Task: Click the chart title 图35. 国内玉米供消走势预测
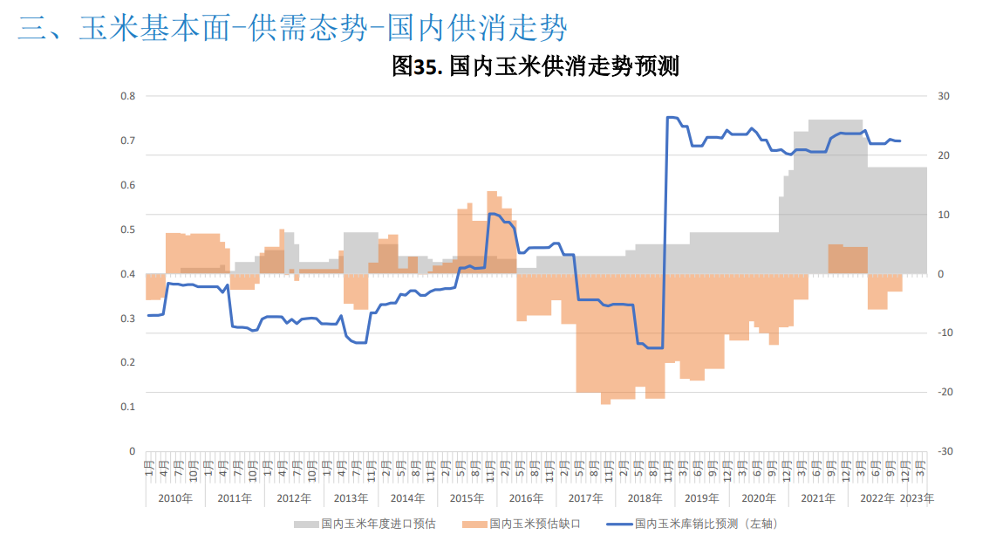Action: click(536, 66)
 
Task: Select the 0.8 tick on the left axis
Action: click(128, 96)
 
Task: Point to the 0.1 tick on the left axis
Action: click(128, 408)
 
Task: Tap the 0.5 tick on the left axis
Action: click(128, 230)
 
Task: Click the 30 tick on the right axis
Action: click(944, 96)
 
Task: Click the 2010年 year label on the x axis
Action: click(175, 498)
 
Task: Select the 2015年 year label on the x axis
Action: click(467, 498)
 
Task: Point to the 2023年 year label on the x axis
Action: click(917, 498)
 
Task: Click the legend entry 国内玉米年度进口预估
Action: click(378, 524)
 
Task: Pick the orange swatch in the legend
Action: click(474, 524)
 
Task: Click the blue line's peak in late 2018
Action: click(671, 117)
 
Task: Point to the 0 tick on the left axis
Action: click(132, 452)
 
